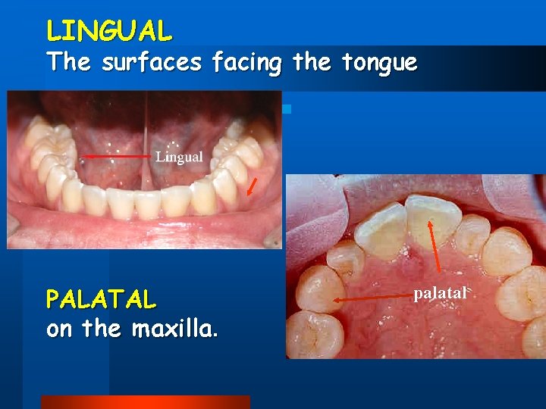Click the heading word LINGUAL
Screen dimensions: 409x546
pyautogui.click(x=109, y=30)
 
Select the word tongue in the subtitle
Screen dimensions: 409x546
pyautogui.click(x=377, y=62)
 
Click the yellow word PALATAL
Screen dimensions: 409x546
pyautogui.click(x=101, y=300)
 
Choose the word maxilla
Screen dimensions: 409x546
pyautogui.click(x=174, y=329)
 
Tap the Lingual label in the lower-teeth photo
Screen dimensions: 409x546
pyautogui.click(x=179, y=157)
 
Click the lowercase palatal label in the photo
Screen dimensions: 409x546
pyautogui.click(x=441, y=292)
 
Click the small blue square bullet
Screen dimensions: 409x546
pyautogui.click(x=286, y=109)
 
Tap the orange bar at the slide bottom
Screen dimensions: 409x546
pyautogui.click(x=145, y=401)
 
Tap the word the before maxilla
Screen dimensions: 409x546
pyautogui.click(x=102, y=329)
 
